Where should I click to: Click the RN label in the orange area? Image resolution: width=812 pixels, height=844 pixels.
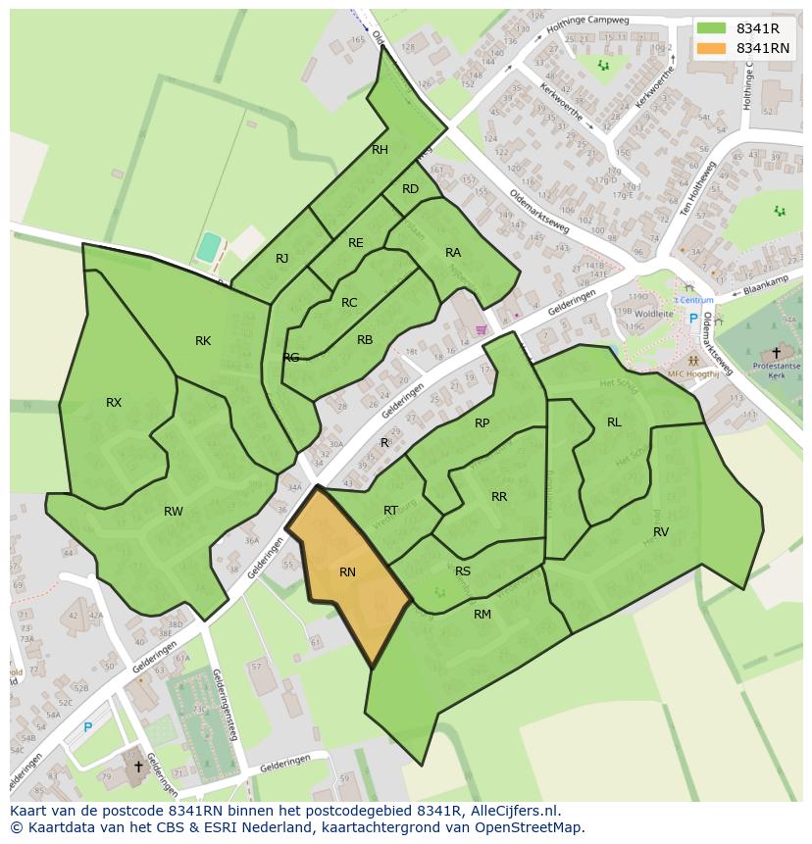tap(347, 572)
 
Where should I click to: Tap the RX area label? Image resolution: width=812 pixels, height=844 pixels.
tap(114, 403)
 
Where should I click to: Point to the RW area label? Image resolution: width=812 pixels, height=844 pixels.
tap(174, 512)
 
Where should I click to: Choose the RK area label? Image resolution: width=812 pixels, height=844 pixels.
tap(203, 341)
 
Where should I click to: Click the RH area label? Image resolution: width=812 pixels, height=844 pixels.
tap(381, 150)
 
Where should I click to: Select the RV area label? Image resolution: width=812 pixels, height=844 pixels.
tap(661, 532)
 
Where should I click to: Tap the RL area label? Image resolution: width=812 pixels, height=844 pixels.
tap(614, 422)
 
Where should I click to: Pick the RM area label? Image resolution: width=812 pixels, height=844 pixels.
tap(482, 615)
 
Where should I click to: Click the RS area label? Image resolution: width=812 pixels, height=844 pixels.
tap(463, 571)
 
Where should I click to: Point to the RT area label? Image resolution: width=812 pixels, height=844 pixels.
tap(391, 511)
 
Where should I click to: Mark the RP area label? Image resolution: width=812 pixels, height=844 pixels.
tap(482, 423)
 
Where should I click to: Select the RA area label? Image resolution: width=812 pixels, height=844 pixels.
tap(453, 253)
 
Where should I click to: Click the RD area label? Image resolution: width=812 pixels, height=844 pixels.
tap(410, 189)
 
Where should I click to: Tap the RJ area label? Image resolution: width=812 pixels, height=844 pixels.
tap(282, 259)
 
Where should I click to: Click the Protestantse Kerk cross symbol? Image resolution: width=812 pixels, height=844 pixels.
tap(777, 352)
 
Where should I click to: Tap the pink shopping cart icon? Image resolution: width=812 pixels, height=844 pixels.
tap(482, 330)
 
